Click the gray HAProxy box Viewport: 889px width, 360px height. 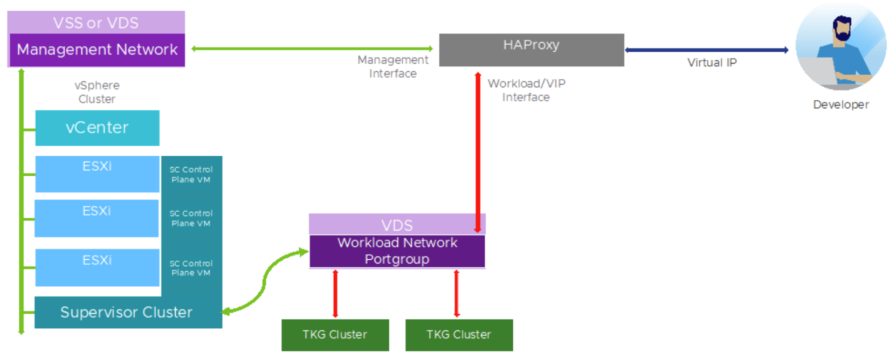(x=532, y=50)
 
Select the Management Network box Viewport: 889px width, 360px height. (x=97, y=50)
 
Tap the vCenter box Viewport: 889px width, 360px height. (x=97, y=128)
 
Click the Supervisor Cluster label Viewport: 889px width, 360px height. (x=126, y=313)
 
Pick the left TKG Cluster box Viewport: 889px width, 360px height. (x=335, y=335)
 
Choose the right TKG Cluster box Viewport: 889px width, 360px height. (x=459, y=335)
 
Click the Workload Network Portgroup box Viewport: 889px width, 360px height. (x=397, y=251)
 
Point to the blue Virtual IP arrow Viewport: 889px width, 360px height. (x=706, y=50)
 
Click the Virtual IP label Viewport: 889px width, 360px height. (x=712, y=63)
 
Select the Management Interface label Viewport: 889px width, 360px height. (x=393, y=67)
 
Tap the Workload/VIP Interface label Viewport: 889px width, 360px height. (x=526, y=91)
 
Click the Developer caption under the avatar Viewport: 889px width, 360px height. (x=841, y=105)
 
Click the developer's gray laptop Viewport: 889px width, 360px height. (x=817, y=72)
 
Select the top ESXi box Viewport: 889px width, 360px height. (x=97, y=174)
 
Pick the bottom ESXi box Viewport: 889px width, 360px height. (x=97, y=267)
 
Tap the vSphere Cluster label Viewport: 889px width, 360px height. (x=97, y=92)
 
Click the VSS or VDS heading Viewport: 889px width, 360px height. (x=95, y=23)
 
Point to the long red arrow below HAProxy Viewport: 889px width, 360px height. (x=478, y=153)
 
